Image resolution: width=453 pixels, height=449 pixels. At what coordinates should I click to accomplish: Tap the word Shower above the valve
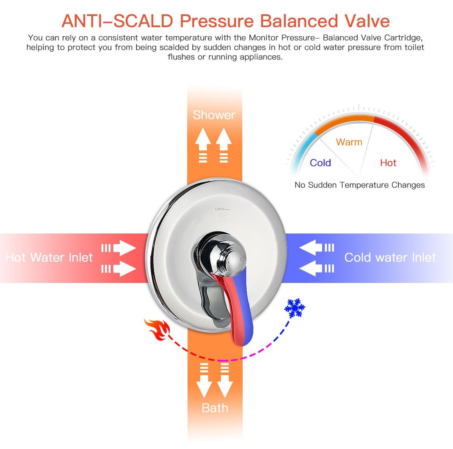[214, 115]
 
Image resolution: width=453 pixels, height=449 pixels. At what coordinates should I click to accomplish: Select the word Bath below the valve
[215, 408]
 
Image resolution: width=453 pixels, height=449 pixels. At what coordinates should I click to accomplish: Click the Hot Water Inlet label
[49, 257]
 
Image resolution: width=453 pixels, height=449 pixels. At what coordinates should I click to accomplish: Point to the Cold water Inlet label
[390, 257]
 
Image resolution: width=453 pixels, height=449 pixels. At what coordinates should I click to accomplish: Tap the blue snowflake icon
[295, 308]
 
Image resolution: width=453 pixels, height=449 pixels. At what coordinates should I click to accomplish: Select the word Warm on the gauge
[349, 142]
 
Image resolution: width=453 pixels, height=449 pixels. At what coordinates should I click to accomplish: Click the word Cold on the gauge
[320, 163]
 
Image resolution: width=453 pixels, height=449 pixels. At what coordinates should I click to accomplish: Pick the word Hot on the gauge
[388, 163]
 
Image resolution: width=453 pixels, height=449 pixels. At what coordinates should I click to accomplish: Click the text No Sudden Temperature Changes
[359, 185]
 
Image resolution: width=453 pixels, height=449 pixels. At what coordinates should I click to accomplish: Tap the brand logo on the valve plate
[221, 214]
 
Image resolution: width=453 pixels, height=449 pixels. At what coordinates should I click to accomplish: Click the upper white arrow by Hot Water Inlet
[124, 248]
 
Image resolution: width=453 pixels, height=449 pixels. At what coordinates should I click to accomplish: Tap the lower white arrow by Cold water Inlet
[311, 269]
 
